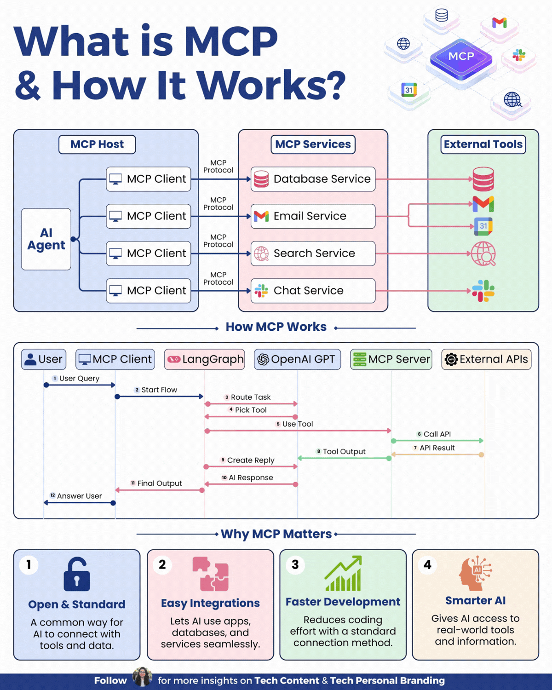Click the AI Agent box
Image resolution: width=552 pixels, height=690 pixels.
tap(46, 239)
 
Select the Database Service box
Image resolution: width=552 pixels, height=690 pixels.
tap(313, 179)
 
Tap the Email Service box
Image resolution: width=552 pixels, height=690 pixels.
tap(313, 216)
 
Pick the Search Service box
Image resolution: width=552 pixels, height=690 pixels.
tap(313, 253)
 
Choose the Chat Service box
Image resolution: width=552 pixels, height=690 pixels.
tap(313, 291)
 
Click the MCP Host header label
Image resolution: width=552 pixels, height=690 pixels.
tap(97, 144)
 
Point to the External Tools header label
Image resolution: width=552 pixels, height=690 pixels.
tap(483, 144)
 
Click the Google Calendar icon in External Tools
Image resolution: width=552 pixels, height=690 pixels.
tap(483, 226)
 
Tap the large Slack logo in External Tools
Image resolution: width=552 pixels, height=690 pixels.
tap(483, 291)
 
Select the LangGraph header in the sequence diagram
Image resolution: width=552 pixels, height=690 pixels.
tap(204, 359)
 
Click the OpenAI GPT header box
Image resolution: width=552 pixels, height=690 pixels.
tap(297, 359)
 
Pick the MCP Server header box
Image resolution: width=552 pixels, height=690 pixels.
tap(391, 359)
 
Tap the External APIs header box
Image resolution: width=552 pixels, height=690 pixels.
tap(486, 359)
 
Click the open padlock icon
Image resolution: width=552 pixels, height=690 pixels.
tap(77, 575)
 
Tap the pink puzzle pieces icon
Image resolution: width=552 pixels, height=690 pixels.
tap(210, 574)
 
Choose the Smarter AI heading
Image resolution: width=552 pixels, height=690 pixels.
tap(475, 600)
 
